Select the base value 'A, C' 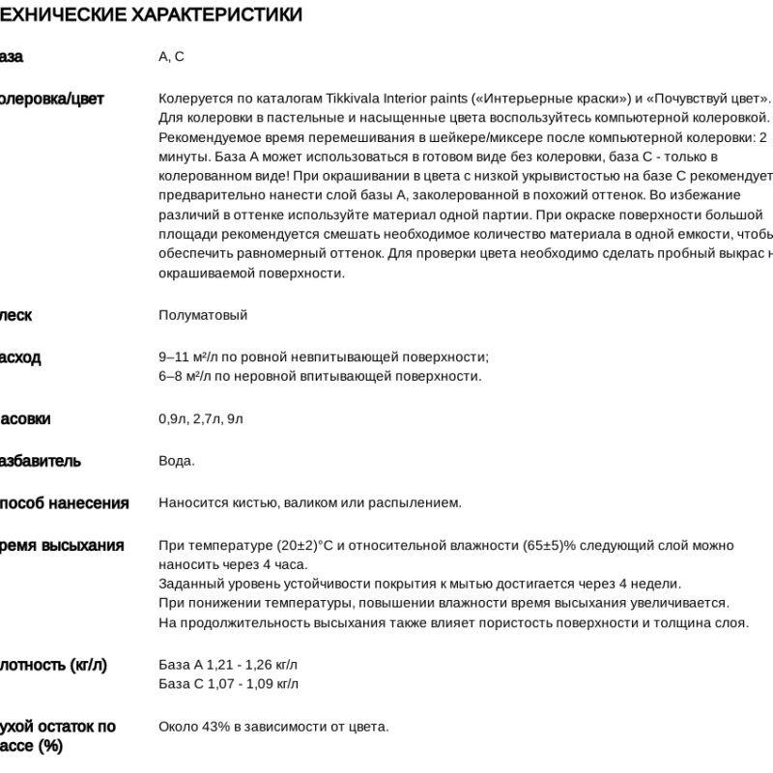(171, 57)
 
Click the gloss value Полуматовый (203, 315)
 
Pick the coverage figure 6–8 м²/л (189, 376)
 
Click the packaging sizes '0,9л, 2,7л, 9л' (201, 418)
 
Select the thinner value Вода (176, 460)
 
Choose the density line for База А (228, 665)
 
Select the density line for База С (228, 684)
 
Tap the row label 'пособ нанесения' (64, 502)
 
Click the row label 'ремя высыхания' (62, 546)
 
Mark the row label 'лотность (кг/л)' (53, 665)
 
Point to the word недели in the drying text (658, 584)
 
